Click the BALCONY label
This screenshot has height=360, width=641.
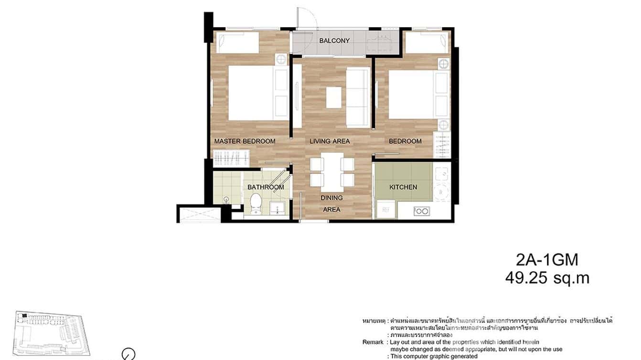coord(334,41)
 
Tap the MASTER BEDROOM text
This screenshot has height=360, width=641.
coord(245,141)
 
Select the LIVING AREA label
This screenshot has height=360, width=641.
coord(330,141)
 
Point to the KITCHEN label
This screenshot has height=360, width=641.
coord(403,187)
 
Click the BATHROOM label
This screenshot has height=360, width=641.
coord(266,187)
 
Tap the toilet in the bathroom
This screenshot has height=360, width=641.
coord(256,204)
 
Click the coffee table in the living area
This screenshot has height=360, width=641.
coord(334,97)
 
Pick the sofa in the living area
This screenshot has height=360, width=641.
coord(358,97)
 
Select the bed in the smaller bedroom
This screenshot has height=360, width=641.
coord(412,95)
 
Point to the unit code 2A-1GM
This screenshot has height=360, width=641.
coord(547,260)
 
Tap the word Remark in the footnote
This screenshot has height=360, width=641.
coord(373,342)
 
